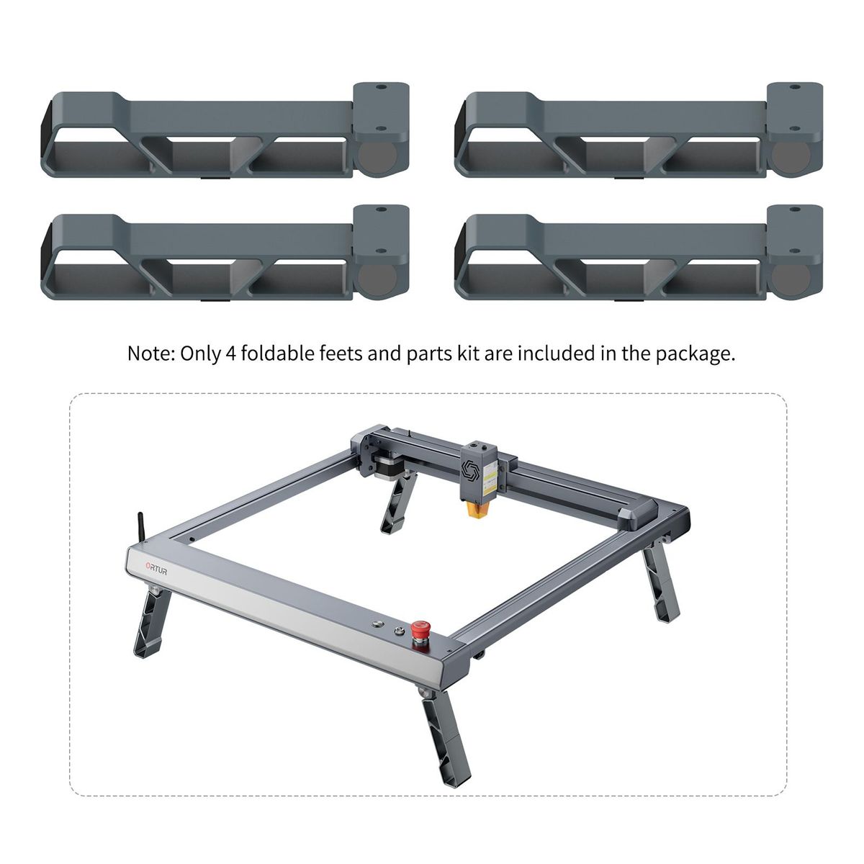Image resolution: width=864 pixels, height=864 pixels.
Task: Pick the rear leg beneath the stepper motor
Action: [399, 504]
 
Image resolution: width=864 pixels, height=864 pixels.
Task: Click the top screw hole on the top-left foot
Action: [381, 87]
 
